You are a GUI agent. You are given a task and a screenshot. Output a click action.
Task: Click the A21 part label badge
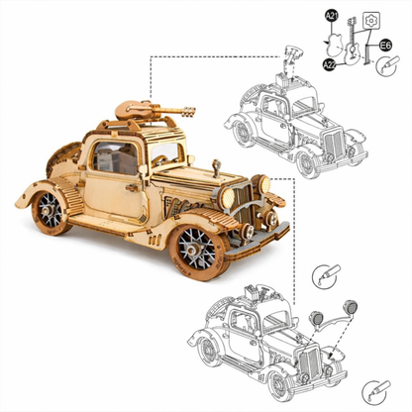tap(332, 16)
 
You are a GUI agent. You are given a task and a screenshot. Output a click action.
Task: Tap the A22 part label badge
tap(329, 64)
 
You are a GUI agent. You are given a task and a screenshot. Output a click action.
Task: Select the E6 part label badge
tap(385, 45)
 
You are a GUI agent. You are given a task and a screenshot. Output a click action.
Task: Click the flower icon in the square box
tap(371, 21)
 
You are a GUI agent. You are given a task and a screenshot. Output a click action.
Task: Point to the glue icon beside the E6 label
tap(387, 65)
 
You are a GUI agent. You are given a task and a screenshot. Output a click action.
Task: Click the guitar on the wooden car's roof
tap(154, 110)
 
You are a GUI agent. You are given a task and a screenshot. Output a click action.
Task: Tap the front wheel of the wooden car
tap(197, 252)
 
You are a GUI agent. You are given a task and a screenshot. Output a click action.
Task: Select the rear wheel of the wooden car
tap(51, 212)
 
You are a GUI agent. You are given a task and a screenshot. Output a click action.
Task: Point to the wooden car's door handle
tap(132, 188)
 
